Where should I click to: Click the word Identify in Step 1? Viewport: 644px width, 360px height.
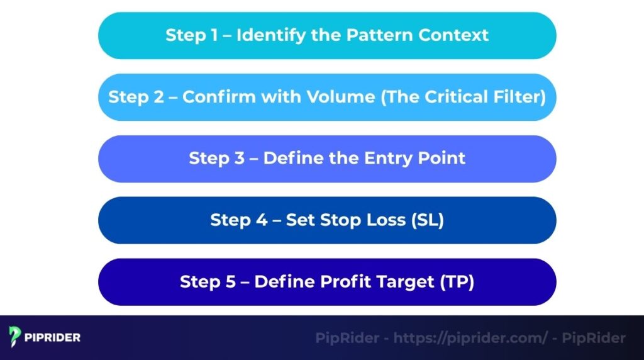point(267,35)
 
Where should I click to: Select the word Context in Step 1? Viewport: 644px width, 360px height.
point(452,35)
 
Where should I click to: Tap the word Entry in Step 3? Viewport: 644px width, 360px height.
point(371,158)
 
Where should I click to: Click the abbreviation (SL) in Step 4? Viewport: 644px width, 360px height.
point(427,220)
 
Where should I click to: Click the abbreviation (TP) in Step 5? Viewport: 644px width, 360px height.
point(458,281)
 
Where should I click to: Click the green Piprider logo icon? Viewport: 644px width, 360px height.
point(16,337)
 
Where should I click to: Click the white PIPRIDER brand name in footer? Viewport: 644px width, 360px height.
point(53,337)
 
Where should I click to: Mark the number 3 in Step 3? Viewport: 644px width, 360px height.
point(241,158)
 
